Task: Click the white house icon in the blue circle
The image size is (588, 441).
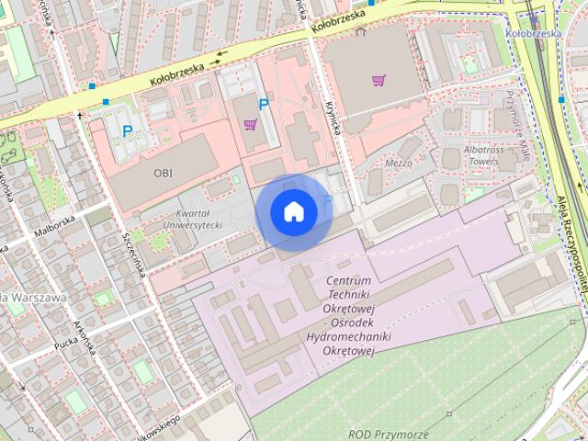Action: [x=293, y=211]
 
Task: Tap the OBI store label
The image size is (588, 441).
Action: [x=163, y=172]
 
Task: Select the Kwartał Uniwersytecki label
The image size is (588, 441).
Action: [x=193, y=218]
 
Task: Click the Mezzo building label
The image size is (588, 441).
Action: [x=398, y=164]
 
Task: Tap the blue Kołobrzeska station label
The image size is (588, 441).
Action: [x=533, y=33]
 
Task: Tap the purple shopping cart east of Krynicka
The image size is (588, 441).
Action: [x=379, y=80]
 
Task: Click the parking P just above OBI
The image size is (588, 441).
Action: [x=127, y=131]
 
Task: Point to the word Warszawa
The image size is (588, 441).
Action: [x=37, y=298]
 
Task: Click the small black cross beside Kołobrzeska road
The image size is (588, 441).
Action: [x=81, y=117]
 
